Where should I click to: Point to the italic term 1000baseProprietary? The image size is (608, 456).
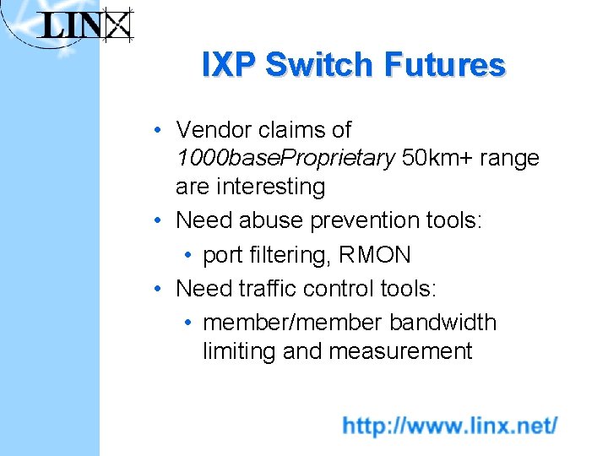pyautogui.click(x=285, y=158)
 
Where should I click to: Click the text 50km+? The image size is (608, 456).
pyautogui.click(x=438, y=158)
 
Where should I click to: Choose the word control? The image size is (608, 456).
pyautogui.click(x=338, y=289)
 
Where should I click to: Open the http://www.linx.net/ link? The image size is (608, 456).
pyautogui.click(x=449, y=425)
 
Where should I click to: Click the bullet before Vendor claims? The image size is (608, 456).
pyautogui.click(x=158, y=131)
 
